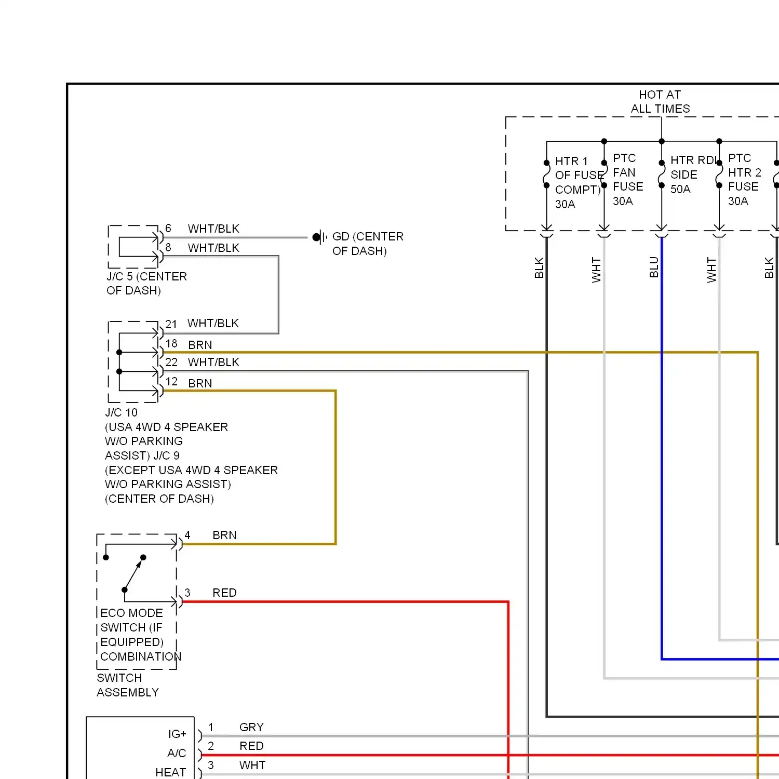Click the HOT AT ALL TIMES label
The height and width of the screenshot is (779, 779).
[660, 102]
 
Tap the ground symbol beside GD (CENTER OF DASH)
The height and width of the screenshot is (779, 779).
[320, 237]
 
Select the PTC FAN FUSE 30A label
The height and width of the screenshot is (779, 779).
[628, 180]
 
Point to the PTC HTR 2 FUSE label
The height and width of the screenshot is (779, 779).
[744, 172]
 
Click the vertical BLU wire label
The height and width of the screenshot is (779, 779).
[654, 267]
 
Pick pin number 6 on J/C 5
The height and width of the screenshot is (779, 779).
[168, 229]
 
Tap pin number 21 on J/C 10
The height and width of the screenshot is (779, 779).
[171, 324]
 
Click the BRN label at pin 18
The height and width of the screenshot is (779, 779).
[200, 345]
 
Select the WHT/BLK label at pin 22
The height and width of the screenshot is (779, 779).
[213, 362]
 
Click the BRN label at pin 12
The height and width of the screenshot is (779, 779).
[200, 383]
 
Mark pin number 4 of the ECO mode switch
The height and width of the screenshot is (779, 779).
[187, 535]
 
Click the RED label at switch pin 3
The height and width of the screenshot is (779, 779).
[224, 593]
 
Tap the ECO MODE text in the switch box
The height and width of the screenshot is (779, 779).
[131, 613]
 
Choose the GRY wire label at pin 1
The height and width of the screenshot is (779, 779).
[251, 727]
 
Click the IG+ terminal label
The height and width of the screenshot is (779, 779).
[177, 734]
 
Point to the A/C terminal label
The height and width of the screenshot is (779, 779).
[177, 753]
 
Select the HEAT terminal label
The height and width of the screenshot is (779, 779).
[170, 772]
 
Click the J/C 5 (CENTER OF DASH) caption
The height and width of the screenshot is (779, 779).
[146, 284]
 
